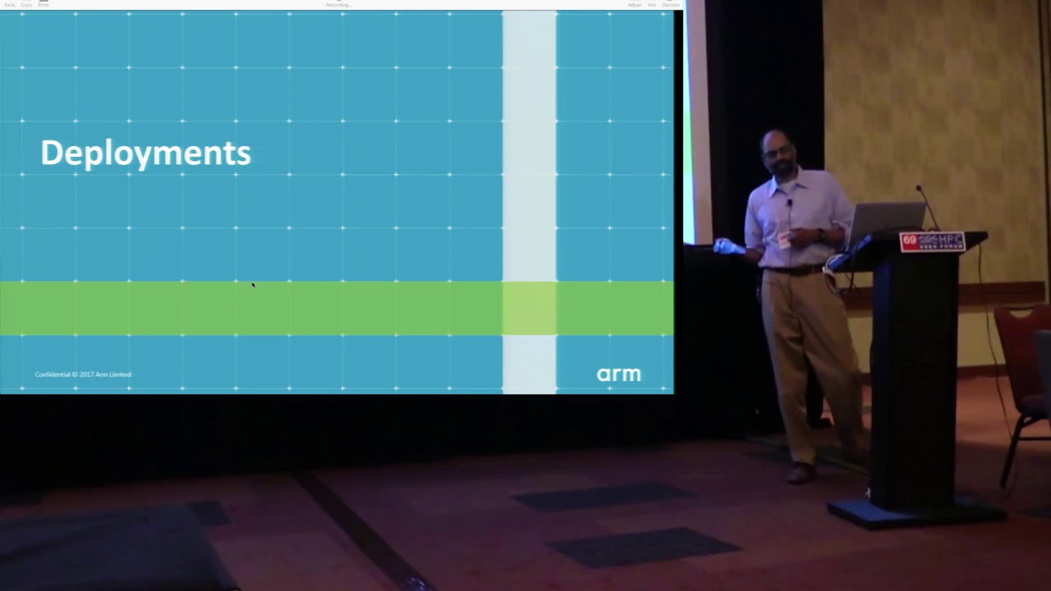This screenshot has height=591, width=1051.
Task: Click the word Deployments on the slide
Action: [x=145, y=153]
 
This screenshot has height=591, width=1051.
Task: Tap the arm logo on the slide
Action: [x=618, y=374]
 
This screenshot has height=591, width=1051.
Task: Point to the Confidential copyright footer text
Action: [x=83, y=374]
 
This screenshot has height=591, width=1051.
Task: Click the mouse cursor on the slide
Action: [x=253, y=285]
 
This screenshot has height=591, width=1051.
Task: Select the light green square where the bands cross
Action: [x=529, y=308]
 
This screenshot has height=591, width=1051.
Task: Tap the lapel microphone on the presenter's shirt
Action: [x=789, y=202]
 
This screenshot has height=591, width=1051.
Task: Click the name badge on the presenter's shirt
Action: [x=783, y=240]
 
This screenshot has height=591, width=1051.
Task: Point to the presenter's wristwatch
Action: [x=820, y=235]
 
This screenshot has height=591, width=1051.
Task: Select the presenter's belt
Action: [x=792, y=269]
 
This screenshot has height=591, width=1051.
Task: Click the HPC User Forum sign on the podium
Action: [x=931, y=241]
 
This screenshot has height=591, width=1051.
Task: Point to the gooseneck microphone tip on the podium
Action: [x=920, y=190]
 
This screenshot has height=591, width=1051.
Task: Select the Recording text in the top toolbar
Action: [x=337, y=5]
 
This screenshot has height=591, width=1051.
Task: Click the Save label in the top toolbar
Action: [x=9, y=5]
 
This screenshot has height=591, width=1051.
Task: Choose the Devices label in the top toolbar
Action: [x=670, y=5]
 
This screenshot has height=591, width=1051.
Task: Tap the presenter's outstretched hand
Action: [x=724, y=245]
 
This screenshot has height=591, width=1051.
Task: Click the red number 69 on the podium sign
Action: [x=908, y=241]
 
